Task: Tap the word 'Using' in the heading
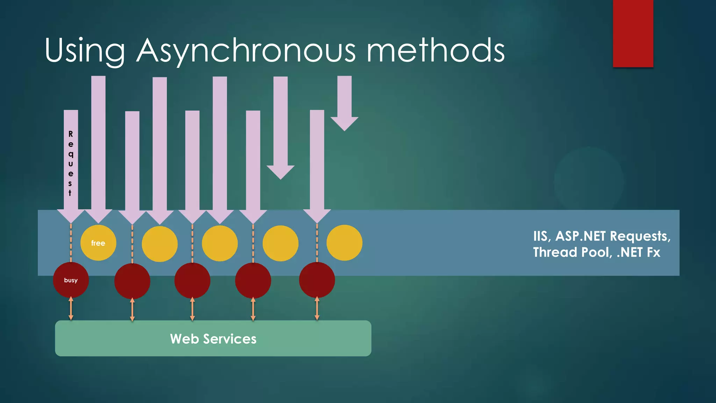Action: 85,51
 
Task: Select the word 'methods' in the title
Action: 435,51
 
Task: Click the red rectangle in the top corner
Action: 633,33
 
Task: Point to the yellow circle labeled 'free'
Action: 98,243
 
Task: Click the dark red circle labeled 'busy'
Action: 71,280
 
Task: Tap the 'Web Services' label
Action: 213,339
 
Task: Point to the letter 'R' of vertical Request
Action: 71,134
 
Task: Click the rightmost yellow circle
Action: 344,243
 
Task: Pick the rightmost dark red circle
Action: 317,280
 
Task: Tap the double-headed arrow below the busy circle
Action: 71,308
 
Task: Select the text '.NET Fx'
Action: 638,252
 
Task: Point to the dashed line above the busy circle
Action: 71,243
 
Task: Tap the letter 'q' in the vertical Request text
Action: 71,154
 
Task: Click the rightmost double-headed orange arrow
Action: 317,308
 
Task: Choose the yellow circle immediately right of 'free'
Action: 160,244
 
